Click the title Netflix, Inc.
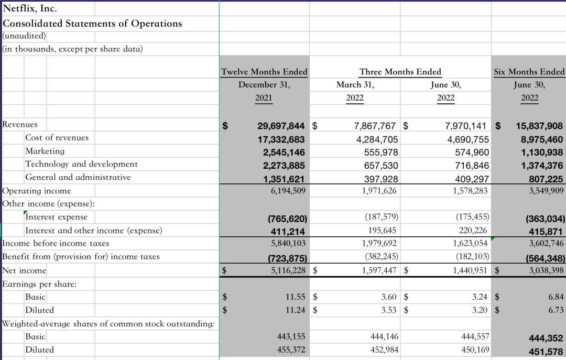tap(30, 8)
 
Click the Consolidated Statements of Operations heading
tap(92, 23)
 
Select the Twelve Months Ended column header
tap(264, 71)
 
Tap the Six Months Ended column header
tap(529, 71)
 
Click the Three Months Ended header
tap(400, 71)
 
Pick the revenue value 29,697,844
tap(281, 126)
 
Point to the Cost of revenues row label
tap(57, 137)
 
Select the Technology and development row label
tap(81, 164)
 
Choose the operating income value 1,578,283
tap(470, 191)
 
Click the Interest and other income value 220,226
tap(473, 231)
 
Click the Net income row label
tap(24, 270)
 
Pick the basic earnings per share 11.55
tap(295, 297)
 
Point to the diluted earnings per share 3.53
tap(389, 310)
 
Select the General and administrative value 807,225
tap(546, 178)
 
